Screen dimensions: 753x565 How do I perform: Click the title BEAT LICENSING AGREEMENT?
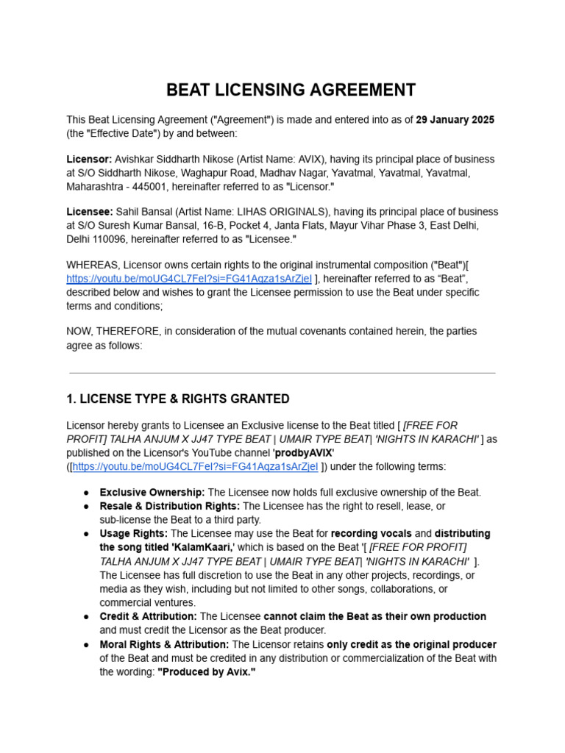pos(291,90)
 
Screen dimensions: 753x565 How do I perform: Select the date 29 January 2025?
pos(455,120)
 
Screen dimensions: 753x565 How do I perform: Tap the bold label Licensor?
pos(90,160)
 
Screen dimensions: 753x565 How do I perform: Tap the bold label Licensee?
pos(90,213)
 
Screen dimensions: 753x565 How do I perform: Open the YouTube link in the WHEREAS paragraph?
pos(189,279)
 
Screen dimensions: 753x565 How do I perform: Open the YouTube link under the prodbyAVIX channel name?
pos(195,466)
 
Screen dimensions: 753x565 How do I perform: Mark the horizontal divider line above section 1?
pos(282,373)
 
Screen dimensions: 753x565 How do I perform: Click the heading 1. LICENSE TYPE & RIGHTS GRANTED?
pos(177,399)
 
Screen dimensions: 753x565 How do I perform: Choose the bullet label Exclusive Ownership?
pos(152,493)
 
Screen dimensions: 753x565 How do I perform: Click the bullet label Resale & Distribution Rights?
pos(170,506)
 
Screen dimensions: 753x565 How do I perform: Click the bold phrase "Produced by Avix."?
pos(207,672)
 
